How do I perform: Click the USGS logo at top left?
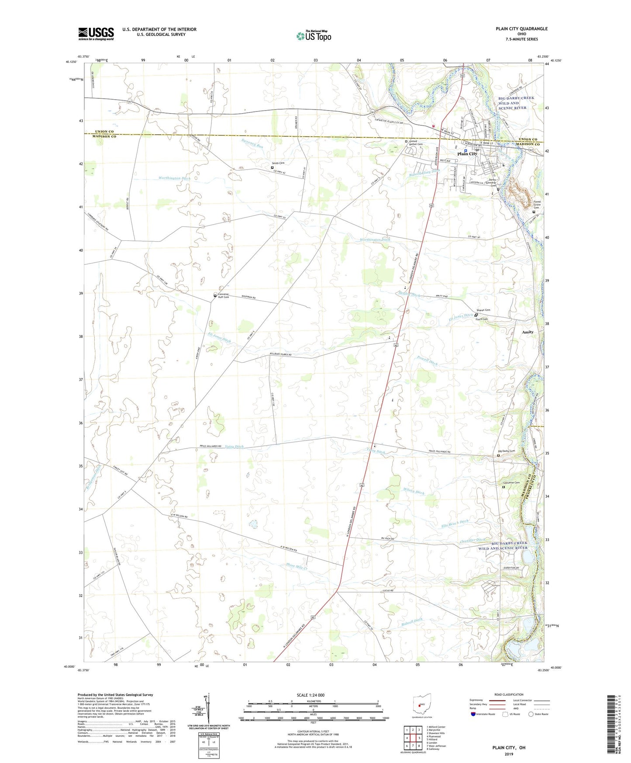[x=96, y=34]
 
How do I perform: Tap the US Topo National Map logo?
[x=314, y=35]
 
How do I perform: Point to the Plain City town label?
[x=467, y=154]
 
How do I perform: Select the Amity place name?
[x=528, y=332]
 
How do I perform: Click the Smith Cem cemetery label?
[x=279, y=163]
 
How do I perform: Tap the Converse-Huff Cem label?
[x=224, y=295]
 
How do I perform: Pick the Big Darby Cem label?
[x=507, y=451]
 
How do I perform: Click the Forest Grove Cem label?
[x=537, y=205]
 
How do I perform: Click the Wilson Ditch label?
[x=413, y=491]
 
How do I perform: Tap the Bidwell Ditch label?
[x=412, y=622]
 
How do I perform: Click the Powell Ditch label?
[x=427, y=361]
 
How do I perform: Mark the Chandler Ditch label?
[x=472, y=541]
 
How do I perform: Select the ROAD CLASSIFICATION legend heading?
[x=509, y=694]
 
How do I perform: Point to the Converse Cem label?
[x=511, y=483]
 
